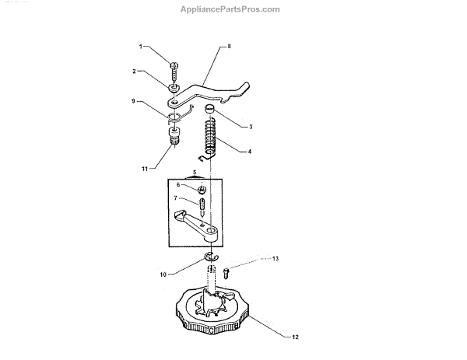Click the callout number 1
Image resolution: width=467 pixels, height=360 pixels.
point(141,47)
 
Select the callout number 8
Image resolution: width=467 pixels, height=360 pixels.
point(230,47)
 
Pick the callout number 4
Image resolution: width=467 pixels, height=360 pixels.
point(250,152)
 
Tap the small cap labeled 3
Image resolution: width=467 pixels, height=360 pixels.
point(209,110)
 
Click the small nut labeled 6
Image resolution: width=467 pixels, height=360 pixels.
point(202,189)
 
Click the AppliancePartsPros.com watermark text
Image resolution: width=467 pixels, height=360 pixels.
point(230,9)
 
